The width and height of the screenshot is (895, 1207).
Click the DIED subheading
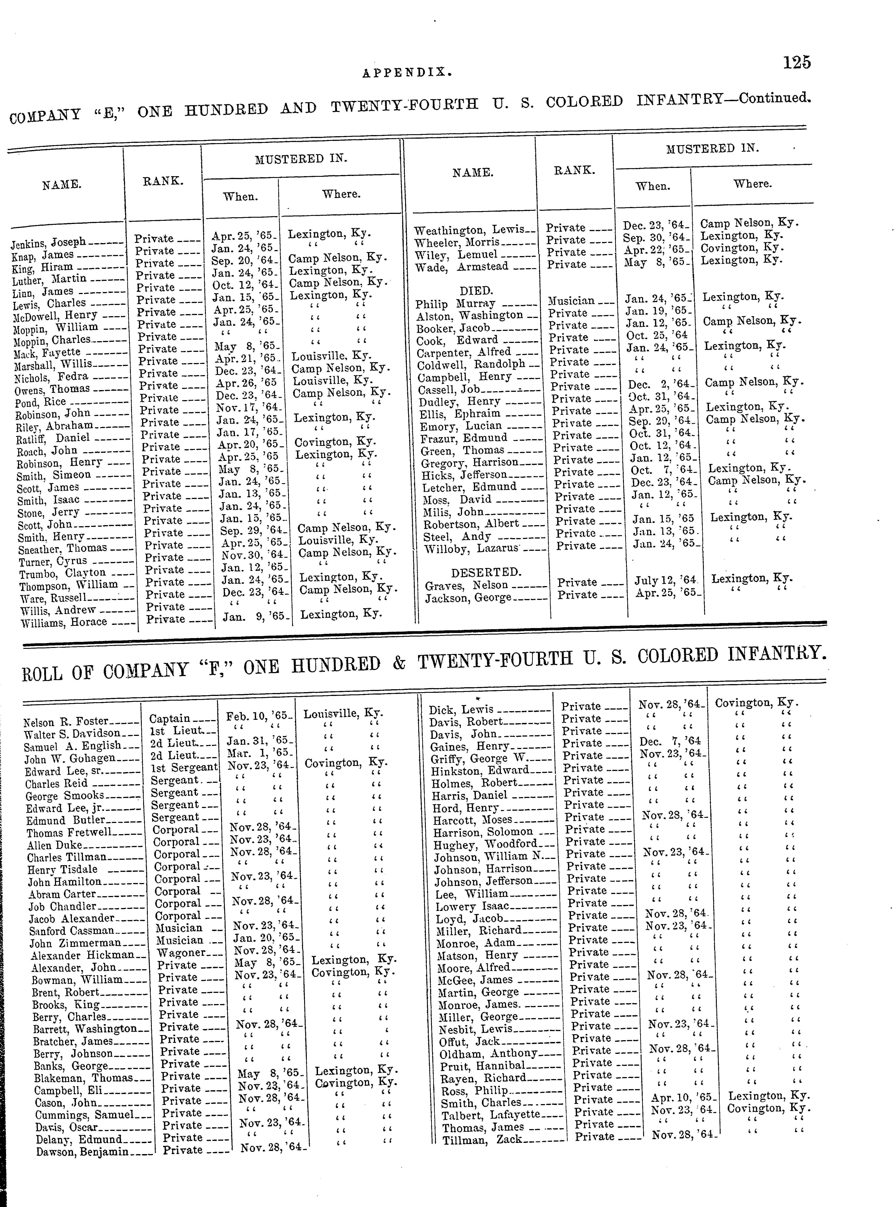476,290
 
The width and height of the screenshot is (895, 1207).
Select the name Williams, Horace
63,622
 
